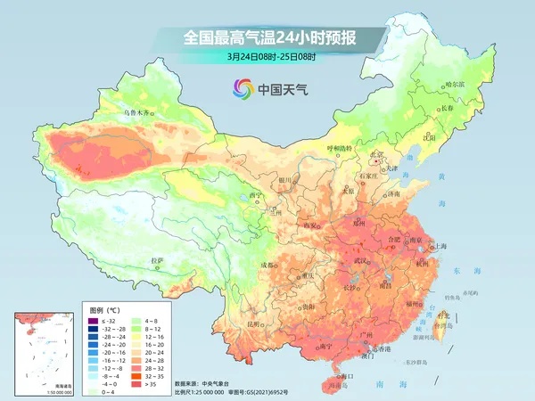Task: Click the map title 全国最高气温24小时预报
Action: [x=267, y=38]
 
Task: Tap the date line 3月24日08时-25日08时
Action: [x=267, y=58]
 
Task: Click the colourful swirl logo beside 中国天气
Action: [x=242, y=88]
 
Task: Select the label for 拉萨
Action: [x=158, y=261]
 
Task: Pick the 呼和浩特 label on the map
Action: [x=339, y=147]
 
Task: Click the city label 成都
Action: [x=268, y=265]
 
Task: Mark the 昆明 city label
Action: [x=256, y=323]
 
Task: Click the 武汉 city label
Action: [x=360, y=260]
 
